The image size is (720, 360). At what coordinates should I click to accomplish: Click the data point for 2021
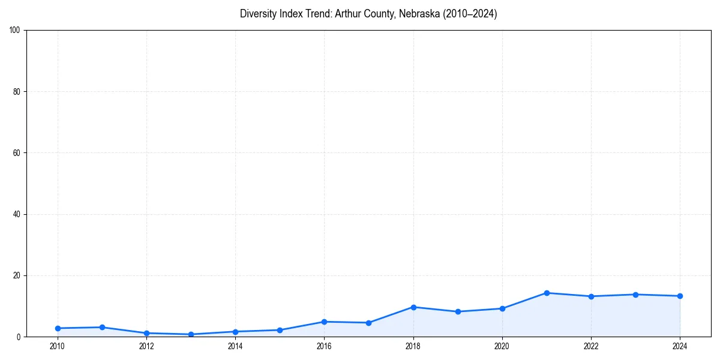547,293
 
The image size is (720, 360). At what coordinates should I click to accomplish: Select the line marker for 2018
413,307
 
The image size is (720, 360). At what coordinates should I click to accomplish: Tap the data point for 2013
191,334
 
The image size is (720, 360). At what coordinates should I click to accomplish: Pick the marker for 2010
58,328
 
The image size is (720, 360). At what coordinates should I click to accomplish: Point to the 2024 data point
680,296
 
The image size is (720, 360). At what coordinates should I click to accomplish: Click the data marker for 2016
324,322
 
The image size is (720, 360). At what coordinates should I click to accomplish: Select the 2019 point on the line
458,311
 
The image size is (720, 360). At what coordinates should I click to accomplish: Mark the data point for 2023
635,295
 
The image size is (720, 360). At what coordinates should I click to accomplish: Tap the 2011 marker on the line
102,327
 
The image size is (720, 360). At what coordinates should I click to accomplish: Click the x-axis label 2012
146,346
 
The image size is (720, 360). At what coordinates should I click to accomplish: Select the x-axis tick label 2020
502,346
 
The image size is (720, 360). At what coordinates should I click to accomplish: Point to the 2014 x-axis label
235,346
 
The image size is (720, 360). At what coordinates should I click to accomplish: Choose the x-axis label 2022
591,346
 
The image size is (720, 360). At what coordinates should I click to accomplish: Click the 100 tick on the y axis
15,31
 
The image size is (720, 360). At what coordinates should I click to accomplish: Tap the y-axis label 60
17,153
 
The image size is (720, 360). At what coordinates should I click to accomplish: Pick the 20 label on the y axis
17,275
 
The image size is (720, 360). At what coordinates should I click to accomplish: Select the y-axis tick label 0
19,337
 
